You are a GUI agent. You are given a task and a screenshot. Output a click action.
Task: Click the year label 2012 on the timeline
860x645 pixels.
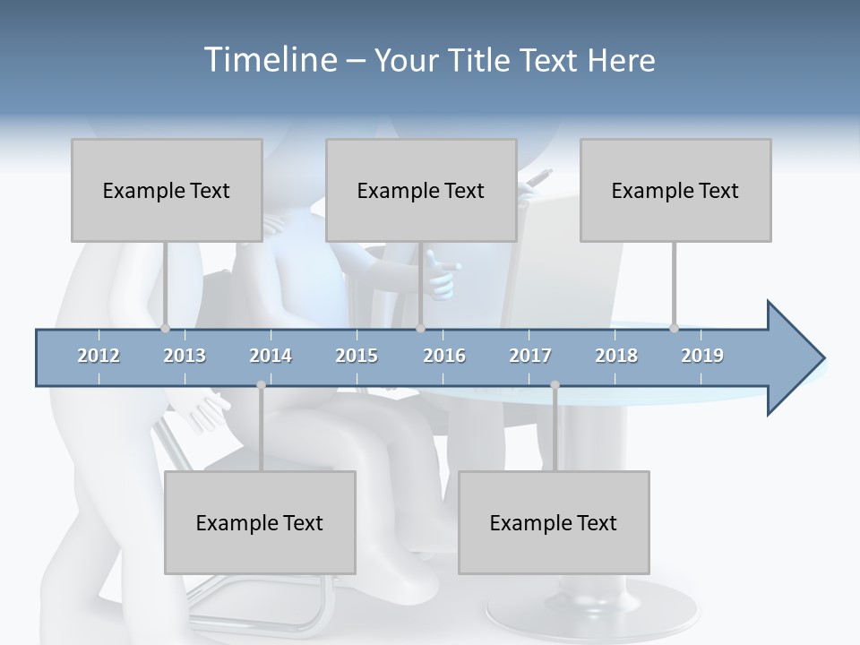[x=99, y=356]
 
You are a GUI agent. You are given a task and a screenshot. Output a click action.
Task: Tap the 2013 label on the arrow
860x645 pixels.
[x=185, y=356]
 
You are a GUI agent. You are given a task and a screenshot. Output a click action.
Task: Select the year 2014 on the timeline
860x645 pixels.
[x=271, y=356]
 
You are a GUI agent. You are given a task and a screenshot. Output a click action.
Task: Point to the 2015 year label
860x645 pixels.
[x=357, y=356]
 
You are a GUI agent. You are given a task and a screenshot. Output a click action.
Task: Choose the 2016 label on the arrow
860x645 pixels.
[x=444, y=356]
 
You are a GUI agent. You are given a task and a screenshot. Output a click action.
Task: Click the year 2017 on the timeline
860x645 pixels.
[x=530, y=356]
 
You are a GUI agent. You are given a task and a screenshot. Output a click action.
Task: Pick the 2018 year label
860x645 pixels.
[x=616, y=356]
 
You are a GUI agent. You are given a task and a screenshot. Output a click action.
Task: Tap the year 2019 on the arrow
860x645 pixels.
[x=702, y=356]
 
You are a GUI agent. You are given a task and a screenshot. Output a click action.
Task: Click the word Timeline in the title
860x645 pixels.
[x=269, y=60]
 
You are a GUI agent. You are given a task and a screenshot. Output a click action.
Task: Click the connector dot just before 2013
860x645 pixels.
[x=165, y=328]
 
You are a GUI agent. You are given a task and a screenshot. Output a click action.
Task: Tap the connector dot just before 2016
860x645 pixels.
[x=420, y=328]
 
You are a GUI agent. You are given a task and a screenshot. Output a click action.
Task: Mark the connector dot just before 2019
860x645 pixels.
[x=675, y=328]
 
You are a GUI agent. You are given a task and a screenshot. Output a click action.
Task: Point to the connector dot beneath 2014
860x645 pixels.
[x=261, y=385]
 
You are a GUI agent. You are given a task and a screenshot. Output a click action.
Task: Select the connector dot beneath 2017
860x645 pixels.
[x=555, y=385]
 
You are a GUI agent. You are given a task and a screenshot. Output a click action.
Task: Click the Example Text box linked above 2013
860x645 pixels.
[x=167, y=190]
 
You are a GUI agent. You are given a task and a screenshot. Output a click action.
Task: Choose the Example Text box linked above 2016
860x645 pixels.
[x=421, y=190]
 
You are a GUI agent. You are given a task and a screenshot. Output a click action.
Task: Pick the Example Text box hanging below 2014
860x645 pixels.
[x=260, y=522]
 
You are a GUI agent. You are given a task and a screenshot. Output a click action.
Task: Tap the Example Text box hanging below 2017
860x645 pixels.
[x=554, y=522]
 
